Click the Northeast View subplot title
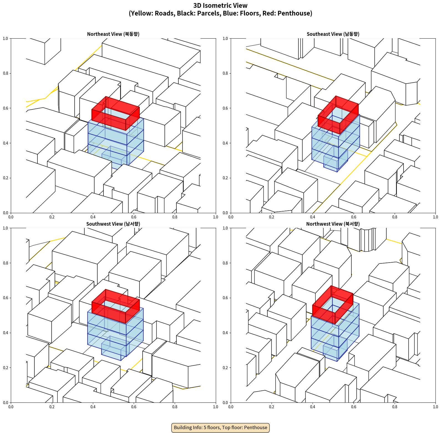[x=113, y=34]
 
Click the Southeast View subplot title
[x=333, y=34]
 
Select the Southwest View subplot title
[x=113, y=224]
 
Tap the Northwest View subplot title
[x=333, y=224]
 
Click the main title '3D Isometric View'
[x=220, y=6]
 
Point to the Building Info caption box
[x=220, y=427]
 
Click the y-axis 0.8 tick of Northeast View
[x=6, y=73]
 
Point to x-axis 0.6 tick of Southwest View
[x=134, y=407]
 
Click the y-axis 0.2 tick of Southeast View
[x=225, y=178]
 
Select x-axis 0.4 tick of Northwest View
[x=313, y=407]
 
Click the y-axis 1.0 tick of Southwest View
[x=6, y=228]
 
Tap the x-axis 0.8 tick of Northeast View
[x=175, y=217]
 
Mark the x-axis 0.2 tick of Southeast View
[x=272, y=217]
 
